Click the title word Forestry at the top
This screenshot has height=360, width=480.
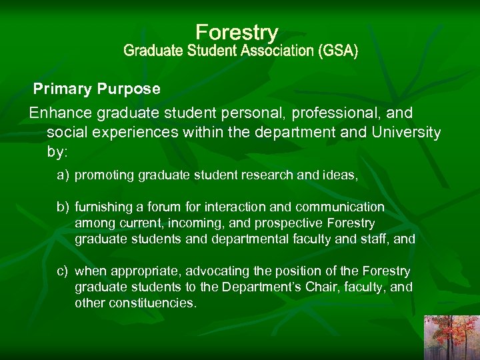(x=237, y=32)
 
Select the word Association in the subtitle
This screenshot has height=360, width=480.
(x=271, y=51)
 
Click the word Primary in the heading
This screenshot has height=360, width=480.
(x=63, y=89)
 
